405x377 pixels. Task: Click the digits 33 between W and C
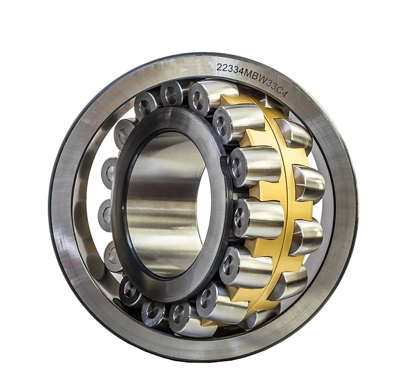point(266,79)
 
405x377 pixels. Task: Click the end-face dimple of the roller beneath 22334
point(199,95)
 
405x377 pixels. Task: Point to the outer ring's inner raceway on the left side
point(82,200)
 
